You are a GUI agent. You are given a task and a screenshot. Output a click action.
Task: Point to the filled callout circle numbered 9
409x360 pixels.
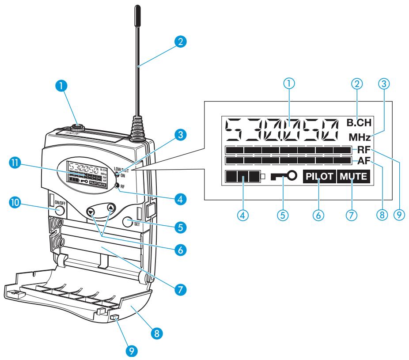131,351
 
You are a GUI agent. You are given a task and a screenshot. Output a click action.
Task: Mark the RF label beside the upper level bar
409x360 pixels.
364,150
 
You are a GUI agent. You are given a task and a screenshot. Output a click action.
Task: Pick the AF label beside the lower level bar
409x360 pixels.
364,160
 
